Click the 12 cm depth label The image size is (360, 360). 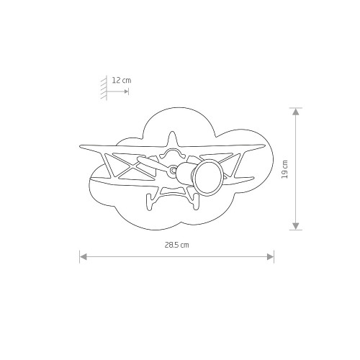coord(122,80)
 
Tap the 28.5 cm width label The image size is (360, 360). coord(177,245)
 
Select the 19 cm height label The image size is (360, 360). coord(284,169)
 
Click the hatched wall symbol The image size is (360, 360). coord(104,88)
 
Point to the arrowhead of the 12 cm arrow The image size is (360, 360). coord(126,91)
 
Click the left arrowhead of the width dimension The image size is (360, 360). coord(83,257)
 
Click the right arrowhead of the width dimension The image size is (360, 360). coord(270,257)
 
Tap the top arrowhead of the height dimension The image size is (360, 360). coord(296,112)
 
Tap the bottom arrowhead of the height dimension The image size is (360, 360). coord(296,226)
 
